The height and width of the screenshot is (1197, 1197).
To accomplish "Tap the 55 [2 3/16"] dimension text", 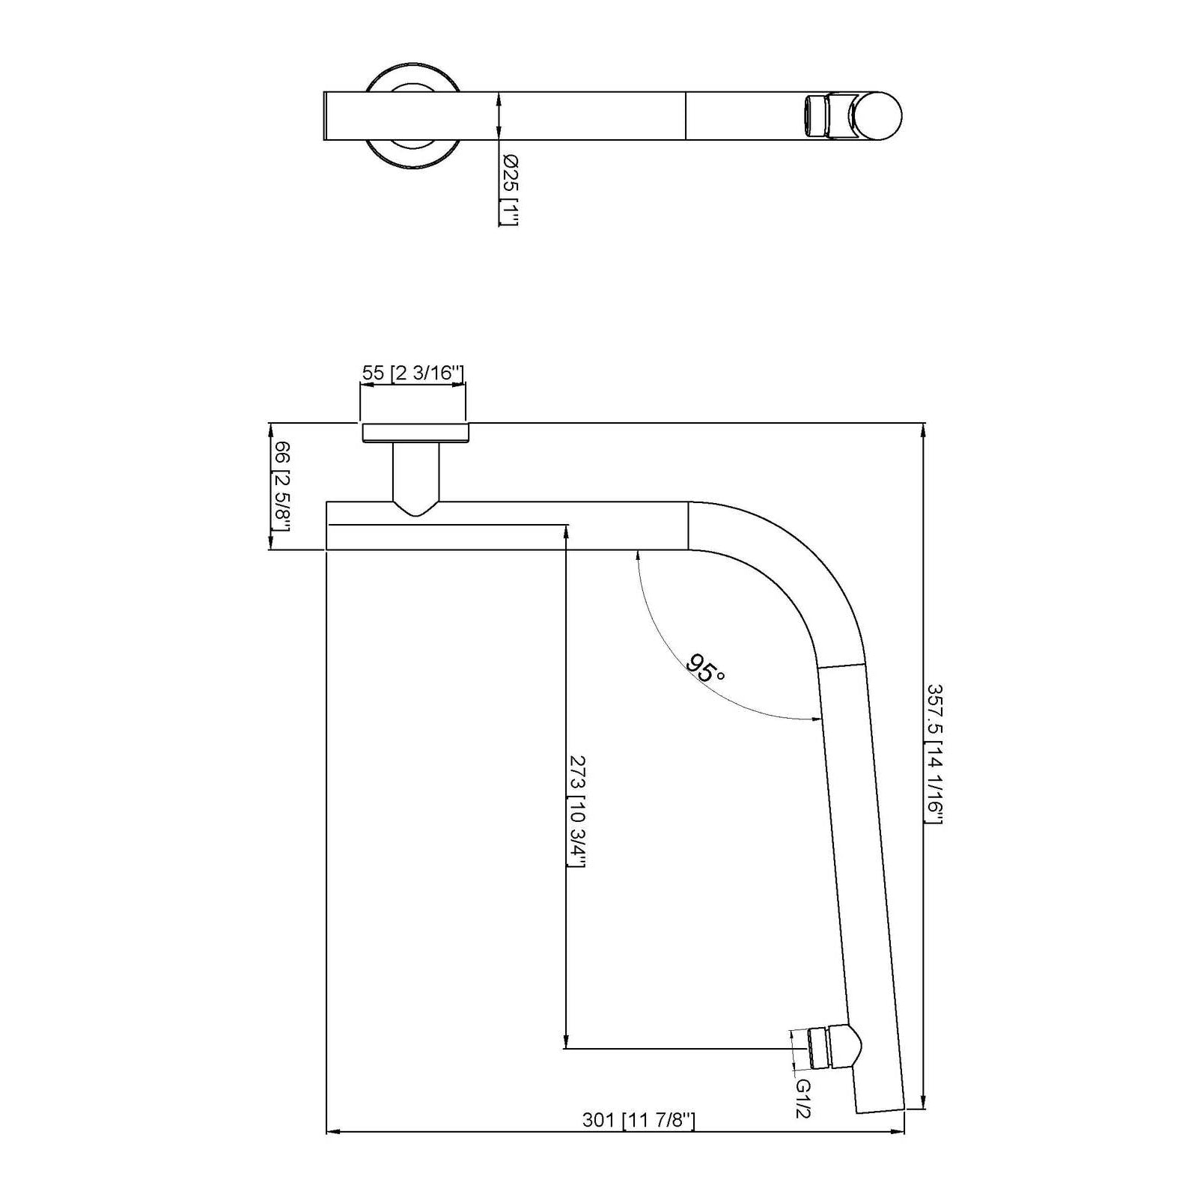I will pos(413,373).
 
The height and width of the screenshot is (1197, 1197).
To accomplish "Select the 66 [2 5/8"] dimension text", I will pos(281,486).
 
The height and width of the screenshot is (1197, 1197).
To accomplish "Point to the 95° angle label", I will pos(705,668).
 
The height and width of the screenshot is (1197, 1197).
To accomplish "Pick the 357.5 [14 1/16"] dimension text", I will pos(933,754).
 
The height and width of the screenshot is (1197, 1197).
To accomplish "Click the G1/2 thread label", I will pos(802,1098).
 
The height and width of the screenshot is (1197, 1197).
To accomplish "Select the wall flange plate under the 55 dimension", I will pos(415,433).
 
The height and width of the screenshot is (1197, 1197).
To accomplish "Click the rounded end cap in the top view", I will pos(882,116).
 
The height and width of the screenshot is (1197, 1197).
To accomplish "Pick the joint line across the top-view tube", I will pos(686,116).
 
